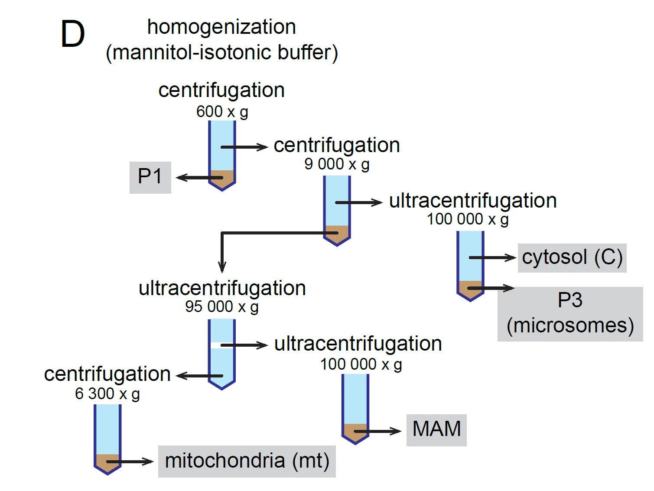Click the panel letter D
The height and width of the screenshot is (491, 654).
coord(73,34)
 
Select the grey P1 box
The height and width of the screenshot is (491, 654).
coord(150,178)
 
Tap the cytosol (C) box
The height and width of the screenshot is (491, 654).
coord(572,258)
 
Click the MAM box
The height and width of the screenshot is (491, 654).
coord(436,430)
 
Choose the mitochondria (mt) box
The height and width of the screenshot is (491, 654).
coord(247,461)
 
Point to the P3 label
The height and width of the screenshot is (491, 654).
coord(569,300)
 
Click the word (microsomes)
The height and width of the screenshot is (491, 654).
coord(570,325)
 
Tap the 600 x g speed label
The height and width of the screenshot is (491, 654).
coord(222,112)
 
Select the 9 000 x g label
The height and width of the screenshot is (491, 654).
coord(337,165)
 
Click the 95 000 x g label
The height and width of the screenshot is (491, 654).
coord(221,307)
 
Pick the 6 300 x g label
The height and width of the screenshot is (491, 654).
coord(107,394)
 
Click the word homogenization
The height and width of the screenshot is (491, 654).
coord(221,27)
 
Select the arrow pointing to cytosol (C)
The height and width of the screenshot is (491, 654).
coord(492,257)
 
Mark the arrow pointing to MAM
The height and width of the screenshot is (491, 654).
coord(377,431)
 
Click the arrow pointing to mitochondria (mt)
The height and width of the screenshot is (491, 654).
coord(130,462)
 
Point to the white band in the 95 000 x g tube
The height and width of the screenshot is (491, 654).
coord(222,345)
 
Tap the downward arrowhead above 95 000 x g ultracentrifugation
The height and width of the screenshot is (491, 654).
coord(222,267)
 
